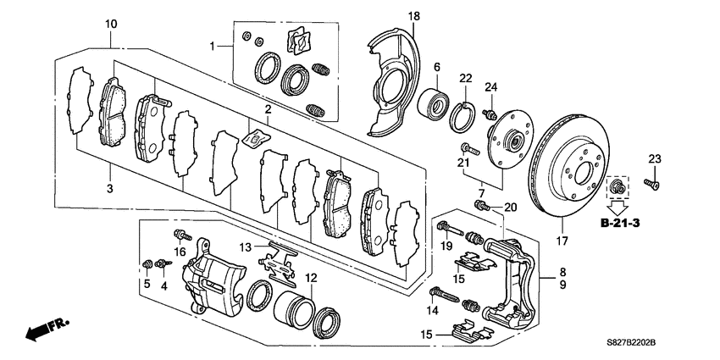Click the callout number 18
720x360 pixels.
pos(413,16)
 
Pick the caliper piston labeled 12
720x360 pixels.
pos(293,304)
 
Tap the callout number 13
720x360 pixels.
pos(245,246)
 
